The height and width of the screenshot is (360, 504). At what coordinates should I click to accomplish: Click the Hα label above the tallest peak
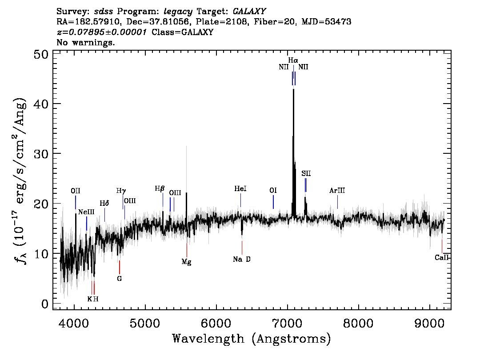click(x=293, y=60)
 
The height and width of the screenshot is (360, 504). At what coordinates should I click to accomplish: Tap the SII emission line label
click(x=306, y=174)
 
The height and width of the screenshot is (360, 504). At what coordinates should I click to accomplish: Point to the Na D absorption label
click(x=242, y=259)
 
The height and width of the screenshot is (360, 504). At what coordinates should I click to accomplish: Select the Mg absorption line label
click(x=186, y=262)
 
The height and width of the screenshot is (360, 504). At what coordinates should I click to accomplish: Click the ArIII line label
click(x=337, y=191)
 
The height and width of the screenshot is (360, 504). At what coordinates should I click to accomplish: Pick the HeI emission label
click(x=240, y=189)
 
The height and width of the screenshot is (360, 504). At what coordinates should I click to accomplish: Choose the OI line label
click(x=273, y=191)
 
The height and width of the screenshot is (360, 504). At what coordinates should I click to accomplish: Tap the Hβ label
click(x=160, y=189)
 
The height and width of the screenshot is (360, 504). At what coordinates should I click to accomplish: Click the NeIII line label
click(x=86, y=212)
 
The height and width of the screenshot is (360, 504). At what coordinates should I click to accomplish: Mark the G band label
click(x=119, y=279)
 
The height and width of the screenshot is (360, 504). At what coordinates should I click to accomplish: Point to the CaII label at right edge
click(x=441, y=257)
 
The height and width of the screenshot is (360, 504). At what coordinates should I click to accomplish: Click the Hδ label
click(x=104, y=203)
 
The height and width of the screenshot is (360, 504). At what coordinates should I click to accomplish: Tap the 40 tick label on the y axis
click(x=41, y=104)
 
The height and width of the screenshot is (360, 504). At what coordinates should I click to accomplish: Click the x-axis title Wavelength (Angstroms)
click(x=252, y=339)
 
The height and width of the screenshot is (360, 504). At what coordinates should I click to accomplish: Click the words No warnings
click(x=85, y=42)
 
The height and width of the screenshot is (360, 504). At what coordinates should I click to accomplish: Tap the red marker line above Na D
click(x=242, y=248)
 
